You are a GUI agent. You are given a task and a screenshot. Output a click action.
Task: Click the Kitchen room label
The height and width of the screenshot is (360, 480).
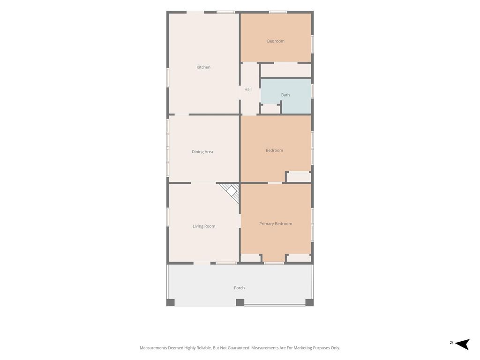(203, 67)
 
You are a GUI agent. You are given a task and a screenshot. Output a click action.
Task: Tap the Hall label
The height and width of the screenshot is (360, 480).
(248, 89)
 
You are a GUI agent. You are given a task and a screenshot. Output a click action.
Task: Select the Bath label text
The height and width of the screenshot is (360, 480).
(285, 95)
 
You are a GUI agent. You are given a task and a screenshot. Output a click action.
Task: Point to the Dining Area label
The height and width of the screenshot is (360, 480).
(202, 152)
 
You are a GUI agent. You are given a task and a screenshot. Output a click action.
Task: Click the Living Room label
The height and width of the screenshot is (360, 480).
(204, 226)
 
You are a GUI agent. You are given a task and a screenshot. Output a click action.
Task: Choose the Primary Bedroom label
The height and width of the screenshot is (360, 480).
(276, 224)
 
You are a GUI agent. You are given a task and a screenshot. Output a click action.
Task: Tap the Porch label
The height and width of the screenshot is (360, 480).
(239, 288)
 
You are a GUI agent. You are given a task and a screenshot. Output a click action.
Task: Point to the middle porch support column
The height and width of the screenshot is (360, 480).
(240, 302)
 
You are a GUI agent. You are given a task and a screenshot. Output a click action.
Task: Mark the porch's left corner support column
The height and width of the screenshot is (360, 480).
(171, 302)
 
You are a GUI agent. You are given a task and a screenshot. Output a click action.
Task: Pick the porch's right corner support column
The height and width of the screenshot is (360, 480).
(309, 302)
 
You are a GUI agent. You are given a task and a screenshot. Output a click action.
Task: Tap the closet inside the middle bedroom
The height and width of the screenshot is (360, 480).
(299, 177)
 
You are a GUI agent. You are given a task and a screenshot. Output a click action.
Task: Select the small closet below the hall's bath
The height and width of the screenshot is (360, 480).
(270, 109)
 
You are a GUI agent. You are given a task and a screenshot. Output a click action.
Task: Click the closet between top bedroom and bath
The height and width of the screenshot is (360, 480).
(285, 70)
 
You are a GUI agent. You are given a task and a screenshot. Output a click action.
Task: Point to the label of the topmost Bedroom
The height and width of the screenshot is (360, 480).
(276, 41)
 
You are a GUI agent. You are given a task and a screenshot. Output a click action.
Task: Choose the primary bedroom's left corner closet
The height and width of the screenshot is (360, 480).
(250, 258)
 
